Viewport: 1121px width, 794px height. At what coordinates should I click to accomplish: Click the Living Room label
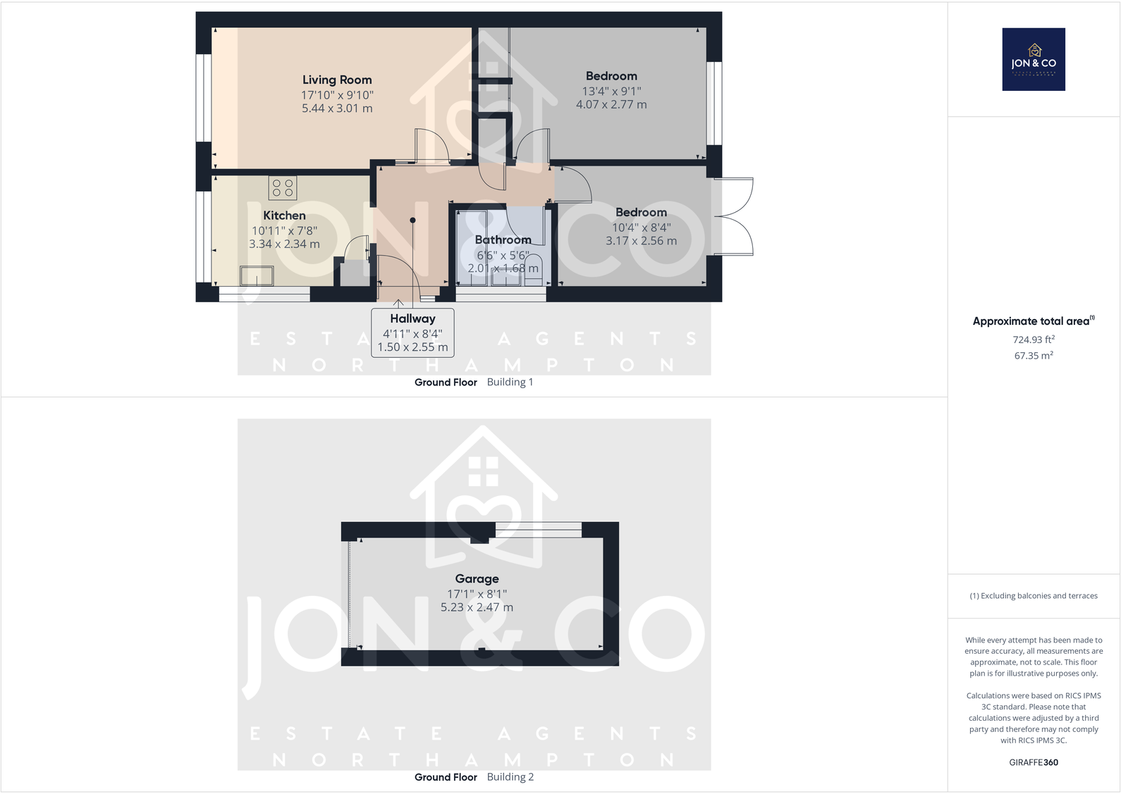[x=337, y=80]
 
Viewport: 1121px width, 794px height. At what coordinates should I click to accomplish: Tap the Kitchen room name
[x=284, y=216]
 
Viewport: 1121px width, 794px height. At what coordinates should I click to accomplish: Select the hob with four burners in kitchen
[x=283, y=188]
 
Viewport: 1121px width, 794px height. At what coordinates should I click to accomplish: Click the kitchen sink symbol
[x=257, y=275]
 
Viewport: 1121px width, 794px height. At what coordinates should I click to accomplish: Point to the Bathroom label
[x=503, y=240]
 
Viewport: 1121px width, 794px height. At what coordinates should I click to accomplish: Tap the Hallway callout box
[x=412, y=333]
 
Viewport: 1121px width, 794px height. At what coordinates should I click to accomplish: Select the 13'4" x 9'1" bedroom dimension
[x=611, y=91]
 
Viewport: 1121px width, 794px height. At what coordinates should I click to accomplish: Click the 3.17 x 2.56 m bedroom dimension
[x=641, y=241]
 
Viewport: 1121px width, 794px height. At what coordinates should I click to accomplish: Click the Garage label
[x=477, y=579]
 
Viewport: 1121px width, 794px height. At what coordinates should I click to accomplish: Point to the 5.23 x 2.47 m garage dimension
[x=477, y=607]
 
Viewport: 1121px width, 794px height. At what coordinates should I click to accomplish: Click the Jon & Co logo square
[x=1034, y=59]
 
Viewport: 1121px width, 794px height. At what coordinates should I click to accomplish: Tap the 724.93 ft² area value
[x=1034, y=340]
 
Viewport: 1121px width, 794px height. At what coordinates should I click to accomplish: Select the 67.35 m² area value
[x=1034, y=356]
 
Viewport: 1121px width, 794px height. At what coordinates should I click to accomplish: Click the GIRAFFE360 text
[x=1034, y=762]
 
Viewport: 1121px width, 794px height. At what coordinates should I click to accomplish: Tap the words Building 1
[x=510, y=383]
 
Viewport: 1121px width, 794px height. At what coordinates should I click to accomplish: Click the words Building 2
[x=510, y=777]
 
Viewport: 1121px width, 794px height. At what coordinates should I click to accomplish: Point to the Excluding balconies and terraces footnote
[x=1034, y=596]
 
